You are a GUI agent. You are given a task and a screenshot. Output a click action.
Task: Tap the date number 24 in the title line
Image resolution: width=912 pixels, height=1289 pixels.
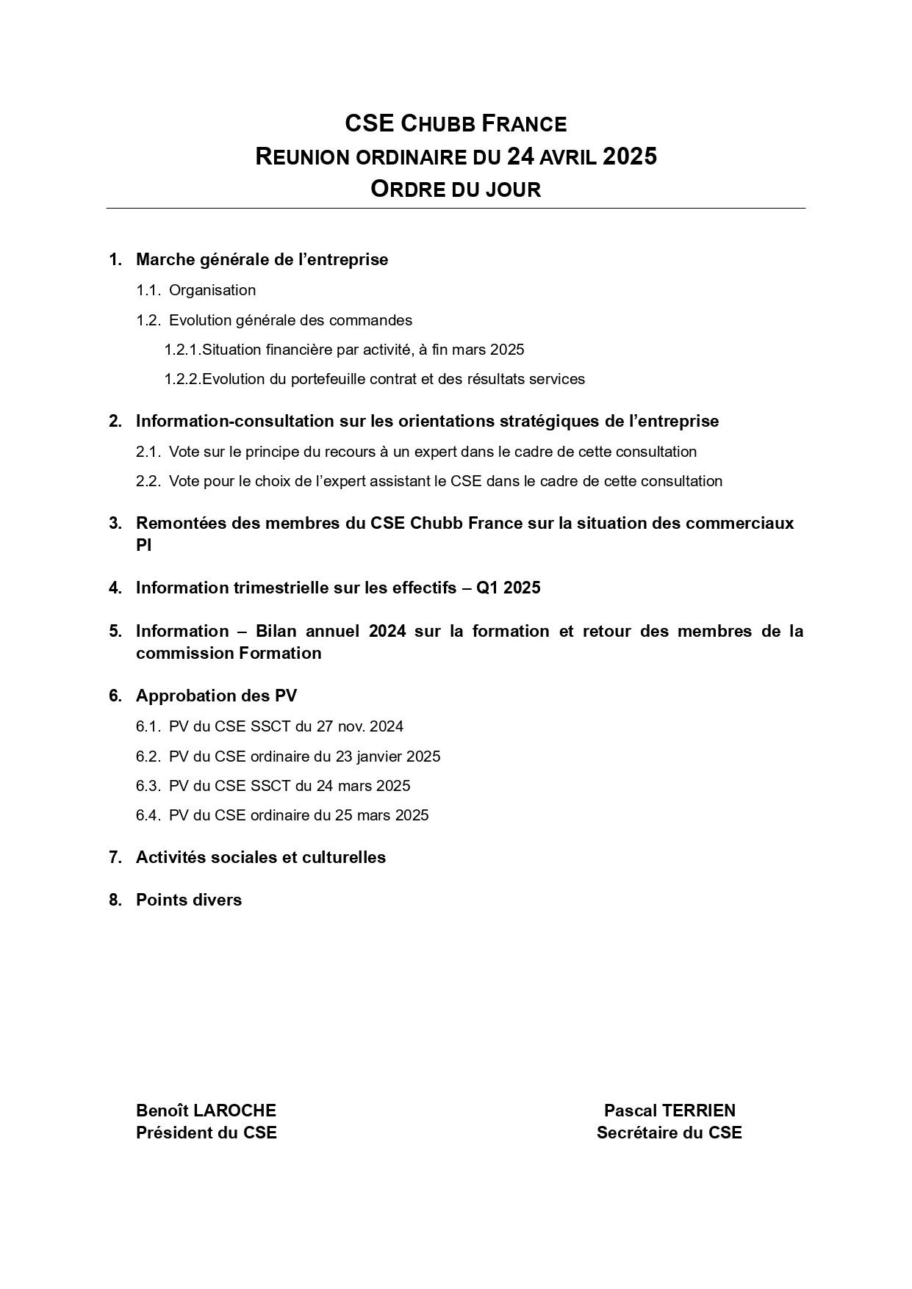pos(520,156)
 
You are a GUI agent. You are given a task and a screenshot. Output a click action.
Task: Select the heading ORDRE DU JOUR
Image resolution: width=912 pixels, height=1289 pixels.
pos(456,189)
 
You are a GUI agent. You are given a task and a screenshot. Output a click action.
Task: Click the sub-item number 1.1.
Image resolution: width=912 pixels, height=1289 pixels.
pos(148,290)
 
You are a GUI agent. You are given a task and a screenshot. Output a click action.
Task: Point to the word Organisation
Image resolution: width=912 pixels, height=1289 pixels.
pos(212,290)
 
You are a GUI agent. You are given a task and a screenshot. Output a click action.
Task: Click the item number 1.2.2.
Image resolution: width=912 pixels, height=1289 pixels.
pos(182,379)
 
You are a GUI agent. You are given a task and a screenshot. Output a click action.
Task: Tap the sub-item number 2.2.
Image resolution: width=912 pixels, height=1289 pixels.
pos(148,481)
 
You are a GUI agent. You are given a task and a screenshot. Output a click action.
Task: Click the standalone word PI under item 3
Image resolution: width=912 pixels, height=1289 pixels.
pos(143,545)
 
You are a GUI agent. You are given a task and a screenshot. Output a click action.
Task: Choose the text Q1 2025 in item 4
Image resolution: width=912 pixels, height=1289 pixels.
pos(508,588)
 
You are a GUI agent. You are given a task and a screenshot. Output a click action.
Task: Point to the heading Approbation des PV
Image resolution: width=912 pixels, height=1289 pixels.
pos(216,696)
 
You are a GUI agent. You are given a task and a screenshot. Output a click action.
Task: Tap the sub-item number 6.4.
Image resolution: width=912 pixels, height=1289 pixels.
pos(148,815)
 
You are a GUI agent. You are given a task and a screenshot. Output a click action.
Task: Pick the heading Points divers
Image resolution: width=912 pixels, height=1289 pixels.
pos(189,900)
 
